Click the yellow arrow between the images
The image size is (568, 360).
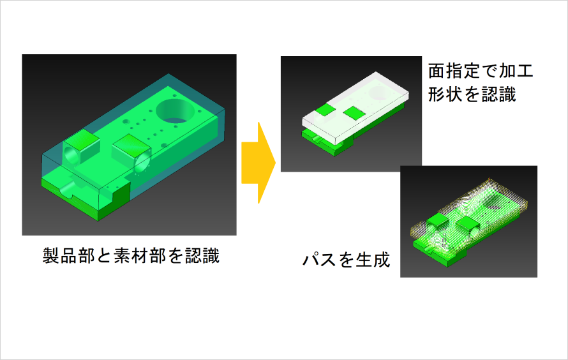258,163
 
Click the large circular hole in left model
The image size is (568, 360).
174,110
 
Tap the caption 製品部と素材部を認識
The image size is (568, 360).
131,256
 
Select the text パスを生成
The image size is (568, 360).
346,260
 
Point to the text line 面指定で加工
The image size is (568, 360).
481,71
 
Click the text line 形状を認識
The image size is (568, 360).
472,95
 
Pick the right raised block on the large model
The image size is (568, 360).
131,151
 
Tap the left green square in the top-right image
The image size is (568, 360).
325,110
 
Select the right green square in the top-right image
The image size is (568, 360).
354,112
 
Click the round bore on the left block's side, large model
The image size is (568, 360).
71,156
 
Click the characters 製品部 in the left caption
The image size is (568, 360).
68,256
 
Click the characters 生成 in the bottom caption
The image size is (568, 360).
373,260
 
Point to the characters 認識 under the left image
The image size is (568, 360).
202,256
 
